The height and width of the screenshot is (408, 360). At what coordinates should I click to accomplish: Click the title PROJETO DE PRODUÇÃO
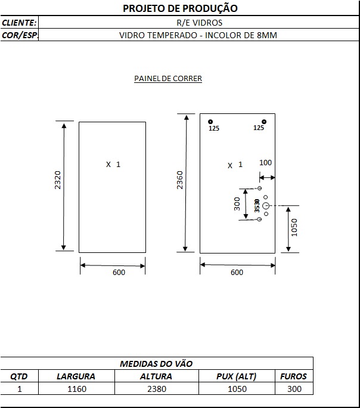180,8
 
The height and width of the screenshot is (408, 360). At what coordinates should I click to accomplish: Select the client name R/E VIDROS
199,23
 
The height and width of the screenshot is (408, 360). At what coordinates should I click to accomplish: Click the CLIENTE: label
19,23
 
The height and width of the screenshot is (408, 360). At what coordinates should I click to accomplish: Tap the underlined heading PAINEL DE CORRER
168,78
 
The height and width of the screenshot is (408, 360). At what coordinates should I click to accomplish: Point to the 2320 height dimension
58,180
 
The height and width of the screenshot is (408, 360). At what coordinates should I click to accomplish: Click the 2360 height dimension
180,180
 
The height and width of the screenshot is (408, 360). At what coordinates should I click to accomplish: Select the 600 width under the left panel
119,272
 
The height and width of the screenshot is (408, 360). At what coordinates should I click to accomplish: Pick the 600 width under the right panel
237,272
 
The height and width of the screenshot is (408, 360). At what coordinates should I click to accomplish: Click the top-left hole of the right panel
210,122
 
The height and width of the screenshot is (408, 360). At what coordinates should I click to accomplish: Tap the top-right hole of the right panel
264,122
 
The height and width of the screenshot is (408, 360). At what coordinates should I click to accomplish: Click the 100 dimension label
265,163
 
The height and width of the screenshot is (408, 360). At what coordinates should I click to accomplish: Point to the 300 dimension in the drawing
237,204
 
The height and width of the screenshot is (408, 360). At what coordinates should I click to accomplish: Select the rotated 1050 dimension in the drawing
294,228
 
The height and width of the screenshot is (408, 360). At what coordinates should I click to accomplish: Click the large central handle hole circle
265,206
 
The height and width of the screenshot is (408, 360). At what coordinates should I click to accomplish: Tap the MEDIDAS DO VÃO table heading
156,363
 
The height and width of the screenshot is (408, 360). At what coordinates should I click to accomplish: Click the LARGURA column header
76,376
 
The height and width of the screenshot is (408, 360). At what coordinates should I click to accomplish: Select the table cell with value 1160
77,389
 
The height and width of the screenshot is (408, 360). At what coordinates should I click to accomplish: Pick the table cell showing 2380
157,389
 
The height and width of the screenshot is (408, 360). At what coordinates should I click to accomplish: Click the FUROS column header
293,376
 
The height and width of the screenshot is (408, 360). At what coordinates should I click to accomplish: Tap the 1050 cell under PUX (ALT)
237,389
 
